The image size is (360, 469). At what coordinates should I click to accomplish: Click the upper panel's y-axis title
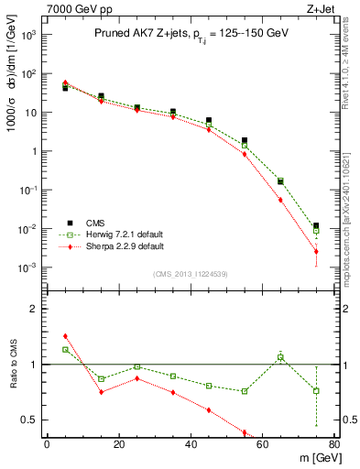pos(13,103)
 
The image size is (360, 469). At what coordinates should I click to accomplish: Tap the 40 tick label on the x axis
pos(191,444)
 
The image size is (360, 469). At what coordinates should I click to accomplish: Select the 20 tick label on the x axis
pos(118,444)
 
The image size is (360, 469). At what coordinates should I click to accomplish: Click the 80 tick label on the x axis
pos(333,444)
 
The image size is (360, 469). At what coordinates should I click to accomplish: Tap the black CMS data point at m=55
pos(245,141)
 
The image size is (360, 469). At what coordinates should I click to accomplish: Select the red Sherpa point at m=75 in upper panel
pos(316,251)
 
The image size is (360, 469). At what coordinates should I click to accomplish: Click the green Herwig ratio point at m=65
pos(280,357)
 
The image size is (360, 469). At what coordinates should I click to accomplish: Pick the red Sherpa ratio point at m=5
pos(65,336)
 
